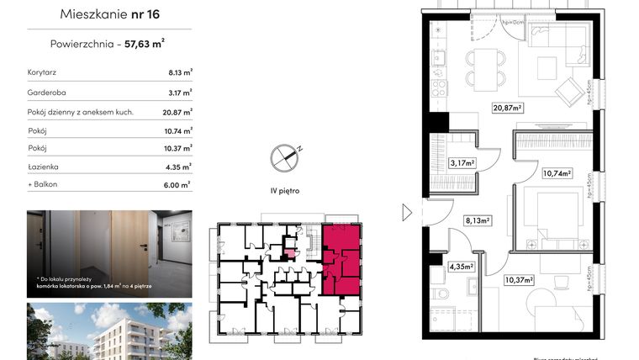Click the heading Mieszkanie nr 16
(110, 14)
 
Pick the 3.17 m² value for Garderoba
(180, 93)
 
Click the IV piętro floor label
(284, 191)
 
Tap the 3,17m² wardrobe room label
(462, 163)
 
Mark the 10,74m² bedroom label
(557, 174)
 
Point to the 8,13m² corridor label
(478, 223)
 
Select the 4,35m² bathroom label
(460, 267)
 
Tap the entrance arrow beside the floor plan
(408, 212)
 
